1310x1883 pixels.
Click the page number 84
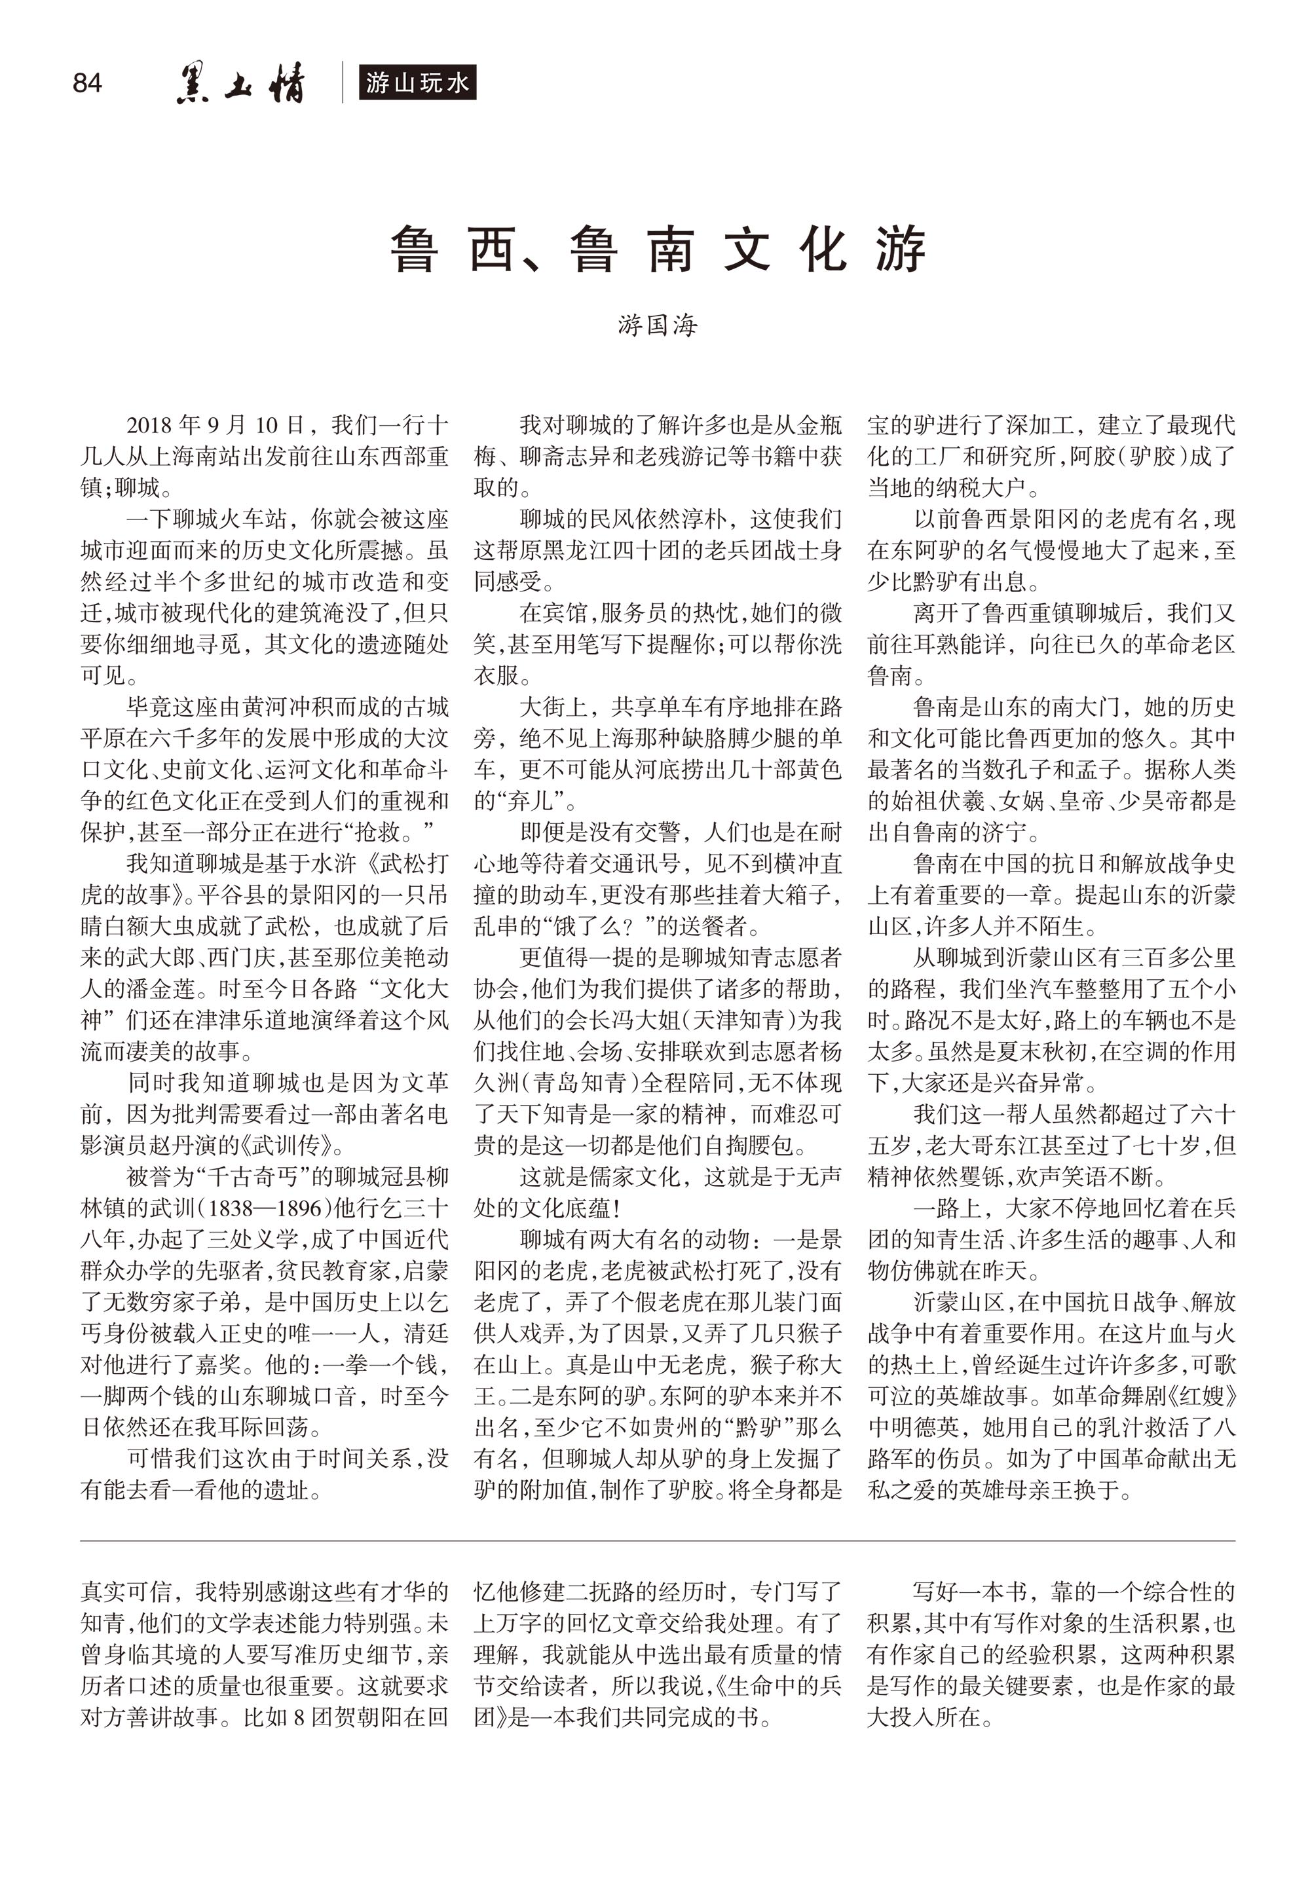point(87,83)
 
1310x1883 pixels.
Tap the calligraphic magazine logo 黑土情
point(240,84)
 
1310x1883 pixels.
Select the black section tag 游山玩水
point(417,83)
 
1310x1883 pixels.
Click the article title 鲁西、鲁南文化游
point(657,250)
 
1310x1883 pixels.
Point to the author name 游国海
point(657,326)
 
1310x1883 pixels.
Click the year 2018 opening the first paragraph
point(149,426)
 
